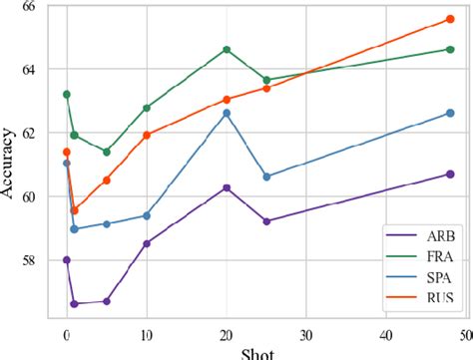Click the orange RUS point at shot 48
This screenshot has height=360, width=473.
(450, 19)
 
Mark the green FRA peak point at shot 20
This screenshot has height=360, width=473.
(227, 49)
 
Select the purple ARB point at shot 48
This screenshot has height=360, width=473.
(450, 175)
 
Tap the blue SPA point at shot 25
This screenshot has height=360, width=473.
(266, 177)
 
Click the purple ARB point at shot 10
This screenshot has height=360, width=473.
(147, 243)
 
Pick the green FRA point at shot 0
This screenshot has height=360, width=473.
(67, 94)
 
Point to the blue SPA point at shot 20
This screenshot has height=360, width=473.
(227, 113)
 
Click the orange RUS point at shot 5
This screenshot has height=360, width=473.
(107, 180)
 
